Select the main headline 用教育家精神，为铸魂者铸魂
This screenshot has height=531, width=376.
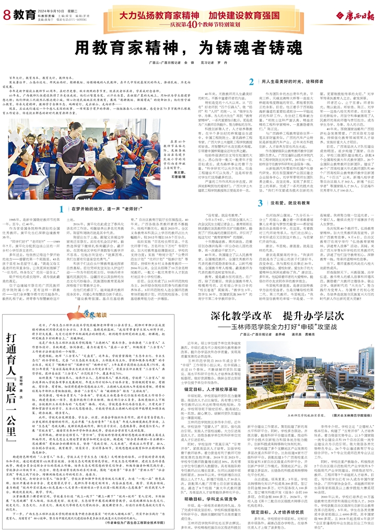click(x=188, y=48)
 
